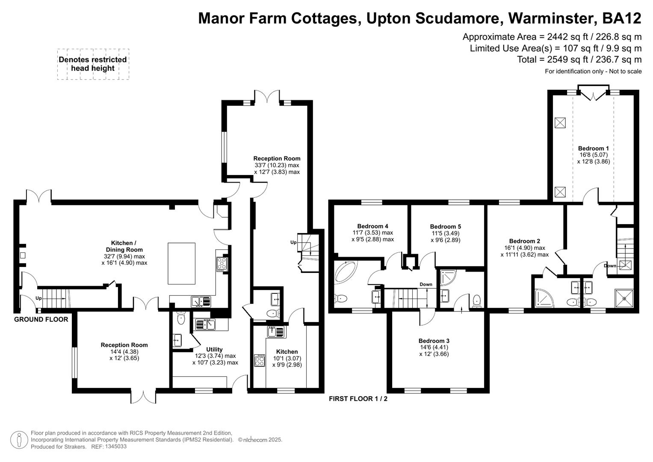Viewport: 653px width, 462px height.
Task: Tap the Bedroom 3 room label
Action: pyautogui.click(x=434, y=341)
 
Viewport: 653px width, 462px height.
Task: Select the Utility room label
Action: pyautogui.click(x=214, y=349)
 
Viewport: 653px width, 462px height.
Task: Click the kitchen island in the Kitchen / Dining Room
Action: pyautogui.click(x=181, y=263)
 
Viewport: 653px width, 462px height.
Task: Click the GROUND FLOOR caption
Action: pyautogui.click(x=41, y=319)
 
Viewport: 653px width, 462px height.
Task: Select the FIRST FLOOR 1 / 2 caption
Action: pyautogui.click(x=358, y=399)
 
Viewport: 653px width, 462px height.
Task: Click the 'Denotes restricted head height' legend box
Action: pyautogui.click(x=93, y=64)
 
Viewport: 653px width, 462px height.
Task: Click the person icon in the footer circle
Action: pyautogui.click(x=19, y=440)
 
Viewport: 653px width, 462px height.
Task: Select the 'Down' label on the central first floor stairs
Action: pyautogui.click(x=425, y=284)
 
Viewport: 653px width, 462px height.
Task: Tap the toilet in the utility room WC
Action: pyautogui.click(x=181, y=317)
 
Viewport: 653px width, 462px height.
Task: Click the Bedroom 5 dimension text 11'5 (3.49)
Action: pyautogui.click(x=445, y=233)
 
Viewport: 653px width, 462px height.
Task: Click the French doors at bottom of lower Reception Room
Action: pyautogui.click(x=143, y=397)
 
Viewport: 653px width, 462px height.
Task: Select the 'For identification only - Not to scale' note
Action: pyautogui.click(x=593, y=71)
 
